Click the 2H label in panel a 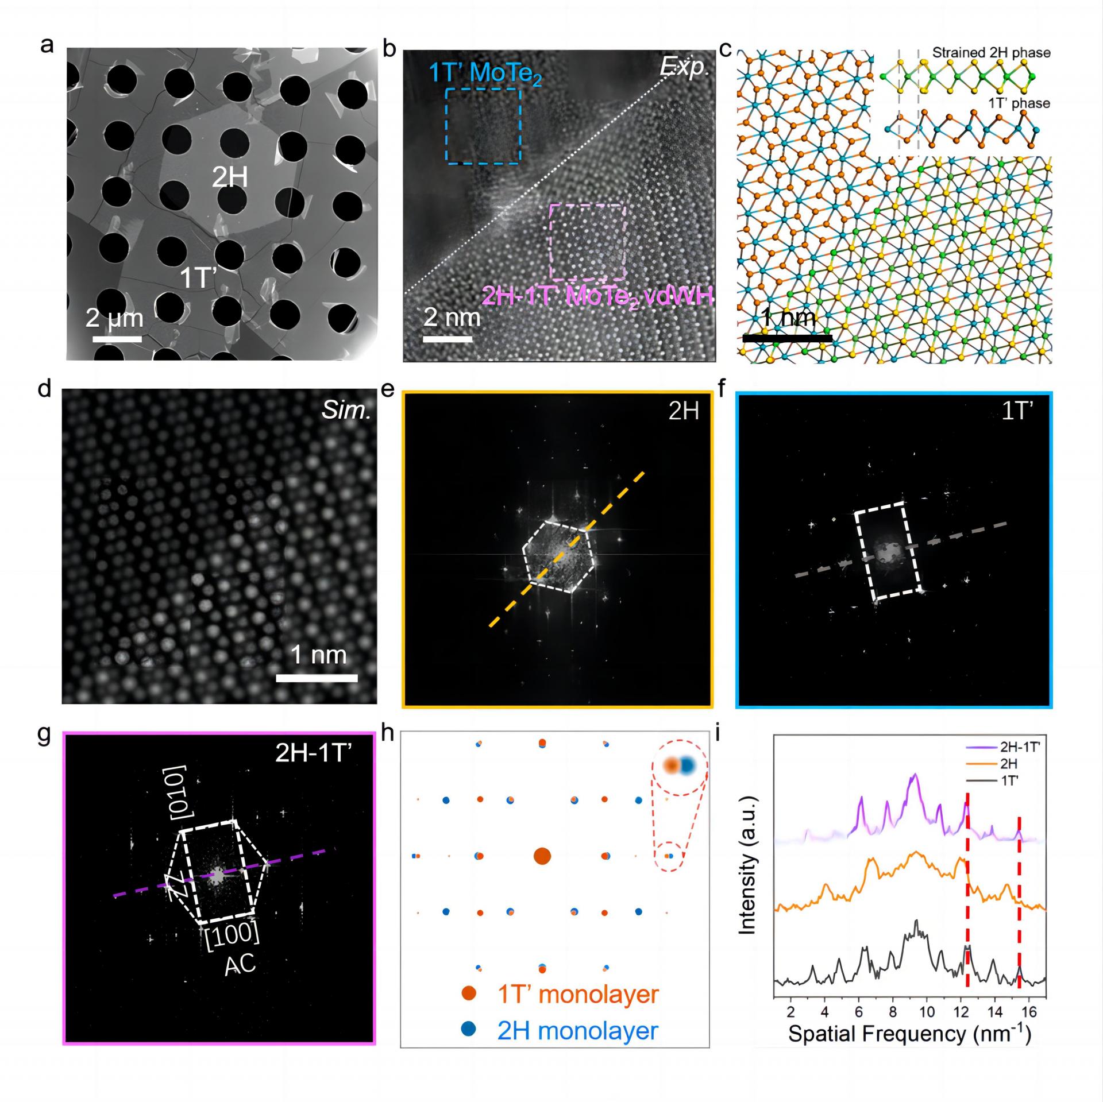(x=230, y=177)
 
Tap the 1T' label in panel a (x=198, y=278)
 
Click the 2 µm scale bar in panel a (x=117, y=339)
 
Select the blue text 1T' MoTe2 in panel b (x=485, y=75)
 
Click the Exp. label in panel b (x=684, y=68)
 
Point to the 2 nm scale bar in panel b (x=448, y=339)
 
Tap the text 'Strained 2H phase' (x=991, y=53)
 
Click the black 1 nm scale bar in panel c (x=787, y=338)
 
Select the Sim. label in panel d (x=346, y=411)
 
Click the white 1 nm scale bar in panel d (x=317, y=678)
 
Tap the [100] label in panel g (x=233, y=934)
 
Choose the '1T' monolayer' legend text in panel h (x=577, y=994)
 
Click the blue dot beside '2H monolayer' (x=469, y=1030)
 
